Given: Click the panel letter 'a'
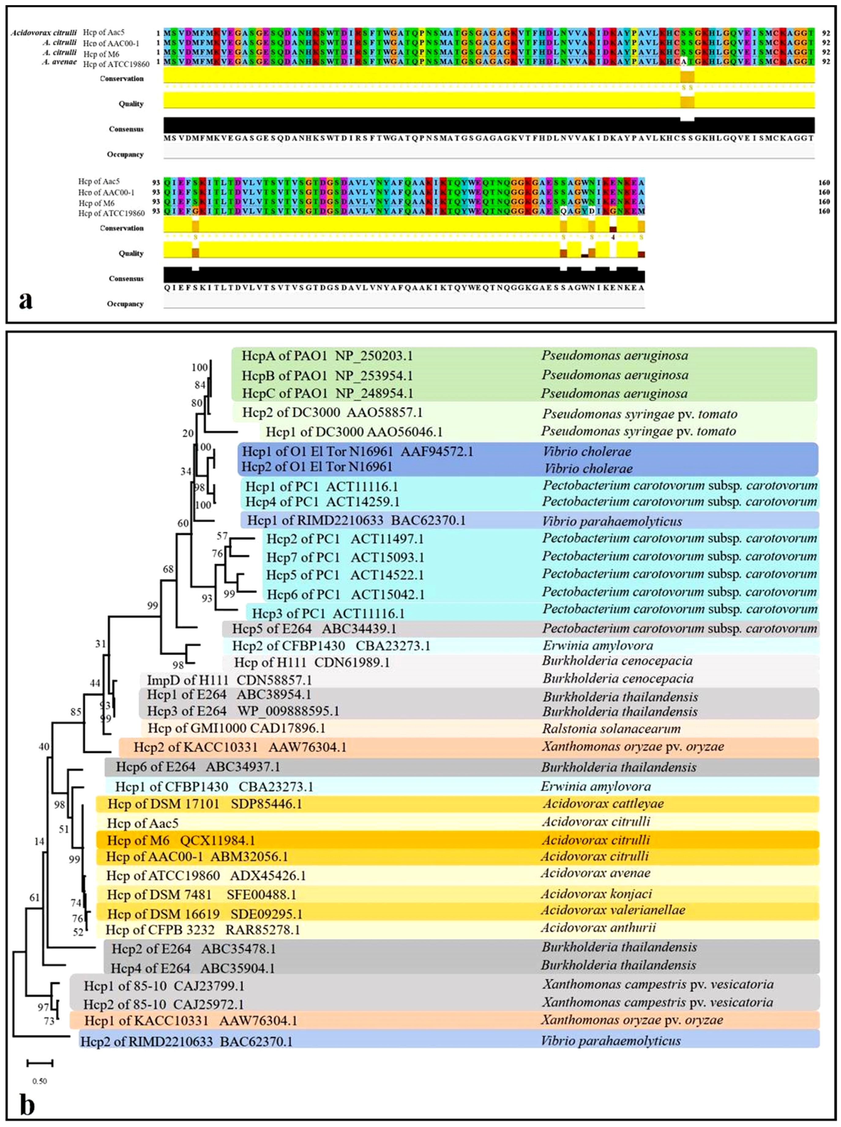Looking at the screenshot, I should (x=25, y=300).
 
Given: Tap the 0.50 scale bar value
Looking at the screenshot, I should (x=40, y=1081).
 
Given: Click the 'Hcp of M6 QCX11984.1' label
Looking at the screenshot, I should (x=181, y=840).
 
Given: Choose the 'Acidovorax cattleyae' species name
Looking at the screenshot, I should (x=603, y=804).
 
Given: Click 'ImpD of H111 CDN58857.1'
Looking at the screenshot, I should (x=229, y=680).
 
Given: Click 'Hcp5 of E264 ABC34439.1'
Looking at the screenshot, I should (x=314, y=629).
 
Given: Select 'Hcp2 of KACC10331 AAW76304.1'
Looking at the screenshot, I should (x=240, y=747).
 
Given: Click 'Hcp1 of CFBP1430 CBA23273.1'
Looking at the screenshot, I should (x=214, y=787).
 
